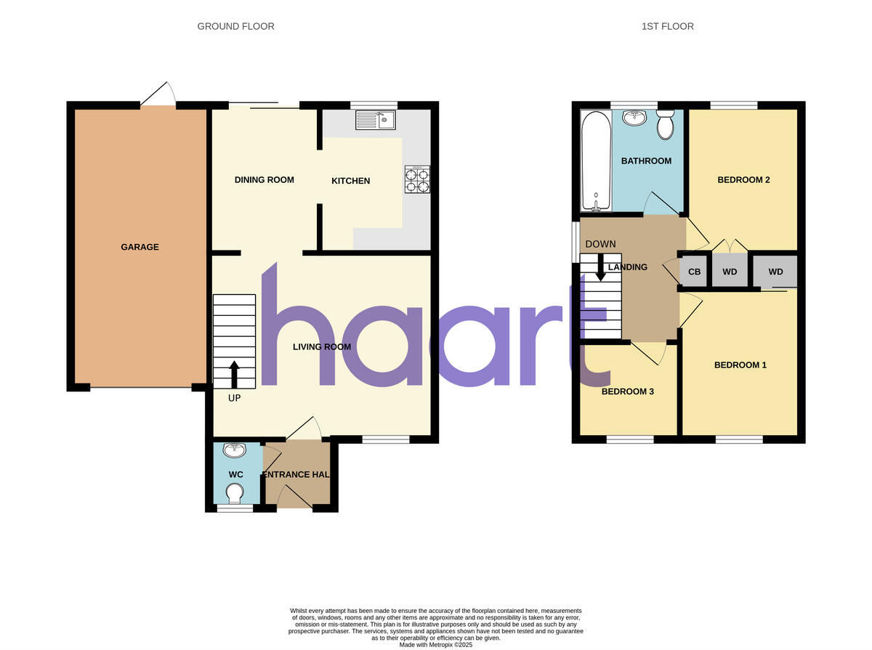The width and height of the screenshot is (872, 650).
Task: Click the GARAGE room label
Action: (140, 247)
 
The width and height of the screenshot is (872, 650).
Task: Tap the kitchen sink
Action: (375, 120)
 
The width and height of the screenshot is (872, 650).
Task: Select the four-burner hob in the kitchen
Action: (417, 179)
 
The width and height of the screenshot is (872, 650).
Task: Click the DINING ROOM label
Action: (264, 179)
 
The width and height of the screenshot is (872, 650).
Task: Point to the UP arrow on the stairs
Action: (234, 375)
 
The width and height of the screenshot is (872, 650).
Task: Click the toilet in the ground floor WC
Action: (235, 494)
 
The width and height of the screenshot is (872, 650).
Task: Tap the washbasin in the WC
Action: (235, 451)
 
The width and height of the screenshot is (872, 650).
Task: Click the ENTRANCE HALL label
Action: (296, 474)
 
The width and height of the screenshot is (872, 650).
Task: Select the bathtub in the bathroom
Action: (596, 161)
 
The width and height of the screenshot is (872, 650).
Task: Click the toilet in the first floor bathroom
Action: (665, 124)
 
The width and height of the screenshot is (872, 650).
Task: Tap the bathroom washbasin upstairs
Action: (635, 118)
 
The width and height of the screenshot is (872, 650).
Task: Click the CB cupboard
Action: (694, 272)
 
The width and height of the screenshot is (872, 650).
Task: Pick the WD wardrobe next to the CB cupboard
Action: (730, 272)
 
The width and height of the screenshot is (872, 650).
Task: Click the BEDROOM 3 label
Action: (628, 391)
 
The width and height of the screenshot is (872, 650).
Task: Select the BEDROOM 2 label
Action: (743, 180)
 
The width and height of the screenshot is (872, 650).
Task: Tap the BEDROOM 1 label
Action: (740, 365)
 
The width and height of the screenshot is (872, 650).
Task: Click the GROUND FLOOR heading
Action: (236, 26)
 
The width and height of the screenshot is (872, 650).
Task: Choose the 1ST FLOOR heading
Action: (667, 26)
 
